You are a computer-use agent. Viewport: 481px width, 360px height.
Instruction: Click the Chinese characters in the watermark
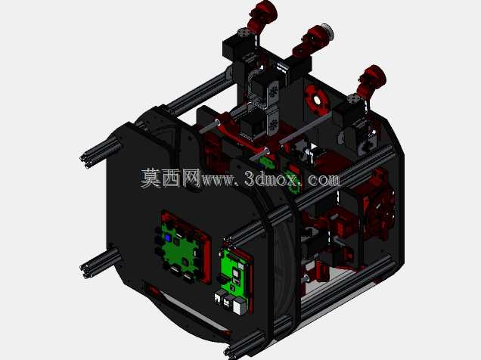point(171,178)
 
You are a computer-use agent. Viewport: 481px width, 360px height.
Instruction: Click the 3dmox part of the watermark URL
point(272,178)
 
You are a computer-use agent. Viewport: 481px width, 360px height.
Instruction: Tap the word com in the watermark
point(324,179)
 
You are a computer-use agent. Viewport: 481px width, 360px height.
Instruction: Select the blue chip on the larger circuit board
point(167,237)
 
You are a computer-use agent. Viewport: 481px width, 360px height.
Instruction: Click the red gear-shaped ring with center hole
point(317,99)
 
